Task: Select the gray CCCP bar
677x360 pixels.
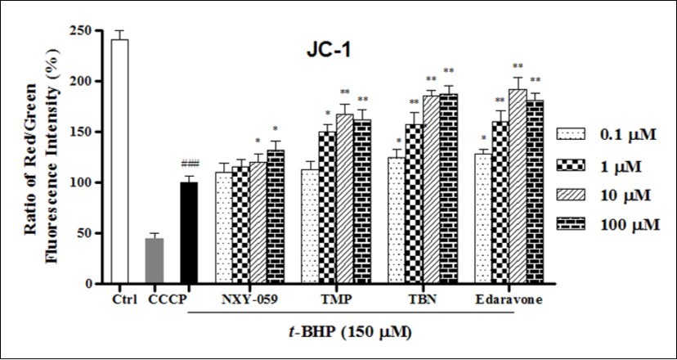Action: [x=155, y=261]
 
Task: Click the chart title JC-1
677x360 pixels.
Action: [x=315, y=52]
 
